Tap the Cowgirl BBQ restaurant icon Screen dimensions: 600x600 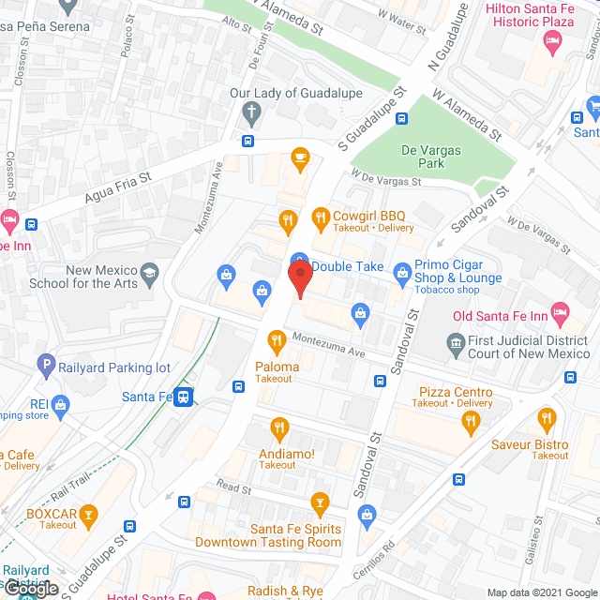pyautogui.click(x=321, y=221)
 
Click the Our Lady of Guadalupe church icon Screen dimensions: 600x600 pyautogui.click(x=250, y=113)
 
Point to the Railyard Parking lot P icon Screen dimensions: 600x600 pyautogui.click(x=44, y=364)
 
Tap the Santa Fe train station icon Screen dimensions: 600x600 pyautogui.click(x=186, y=397)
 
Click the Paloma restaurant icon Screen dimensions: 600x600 pyautogui.click(x=276, y=339)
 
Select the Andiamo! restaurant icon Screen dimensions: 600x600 pyautogui.click(x=278, y=430)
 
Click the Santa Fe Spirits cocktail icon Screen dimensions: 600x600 pyautogui.click(x=320, y=504)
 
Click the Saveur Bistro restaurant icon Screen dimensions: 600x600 pyautogui.click(x=547, y=417)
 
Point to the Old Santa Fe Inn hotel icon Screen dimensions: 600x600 pyautogui.click(x=560, y=310)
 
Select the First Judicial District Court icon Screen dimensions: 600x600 pyautogui.click(x=456, y=344)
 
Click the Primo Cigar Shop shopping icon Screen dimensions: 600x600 pyautogui.click(x=403, y=271)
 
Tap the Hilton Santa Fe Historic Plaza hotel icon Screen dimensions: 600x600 pyautogui.click(x=553, y=39)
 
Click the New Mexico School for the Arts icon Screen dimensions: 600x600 pyautogui.click(x=148, y=277)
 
